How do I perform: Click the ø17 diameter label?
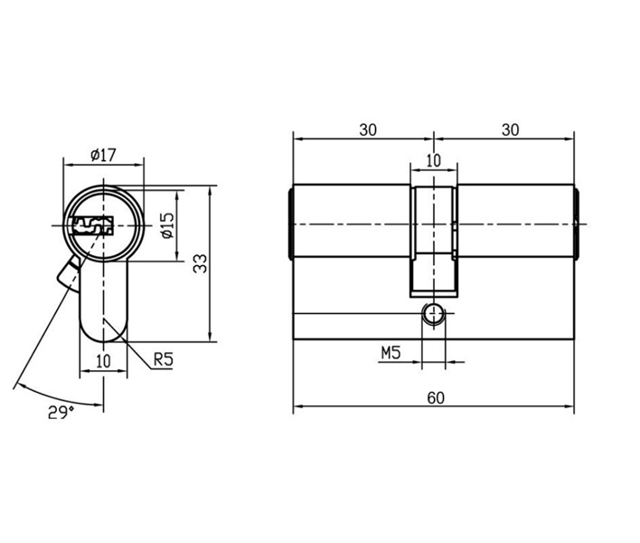[104, 155]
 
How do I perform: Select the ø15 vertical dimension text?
[167, 225]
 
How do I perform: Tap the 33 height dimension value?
[201, 263]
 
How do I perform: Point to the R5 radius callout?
[164, 359]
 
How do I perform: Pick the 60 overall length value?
[436, 397]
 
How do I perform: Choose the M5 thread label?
[391, 353]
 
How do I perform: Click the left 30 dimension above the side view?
[368, 130]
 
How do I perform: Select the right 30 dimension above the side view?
[510, 130]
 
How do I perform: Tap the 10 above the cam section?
[434, 160]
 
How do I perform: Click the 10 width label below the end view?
[103, 361]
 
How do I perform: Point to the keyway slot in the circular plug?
[92, 225]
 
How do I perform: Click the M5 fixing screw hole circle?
[433, 315]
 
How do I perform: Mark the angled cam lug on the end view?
[68, 273]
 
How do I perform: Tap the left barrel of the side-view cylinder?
[352, 221]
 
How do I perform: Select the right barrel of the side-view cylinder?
[515, 221]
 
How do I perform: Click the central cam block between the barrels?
[434, 241]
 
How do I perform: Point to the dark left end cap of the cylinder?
[290, 224]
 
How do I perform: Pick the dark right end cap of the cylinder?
[577, 224]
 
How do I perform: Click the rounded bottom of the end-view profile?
[103, 341]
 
